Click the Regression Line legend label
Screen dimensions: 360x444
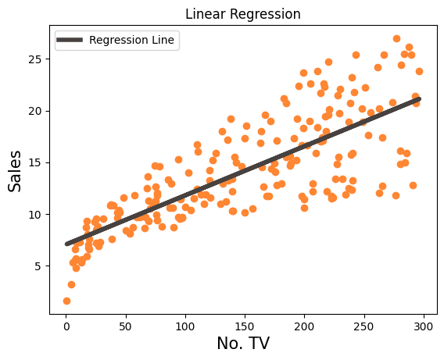coord(132,39)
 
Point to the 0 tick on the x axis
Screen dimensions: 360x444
coord(66,324)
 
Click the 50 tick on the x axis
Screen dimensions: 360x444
coord(126,324)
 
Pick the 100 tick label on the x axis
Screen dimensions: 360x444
coord(185,324)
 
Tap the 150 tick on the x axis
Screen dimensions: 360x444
coord(245,324)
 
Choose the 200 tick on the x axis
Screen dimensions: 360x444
coord(305,324)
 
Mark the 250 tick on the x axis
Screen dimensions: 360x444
coord(364,324)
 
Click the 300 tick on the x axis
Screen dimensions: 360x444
coord(424,324)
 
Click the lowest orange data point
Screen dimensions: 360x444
coord(66,301)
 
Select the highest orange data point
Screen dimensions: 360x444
coord(396,38)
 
